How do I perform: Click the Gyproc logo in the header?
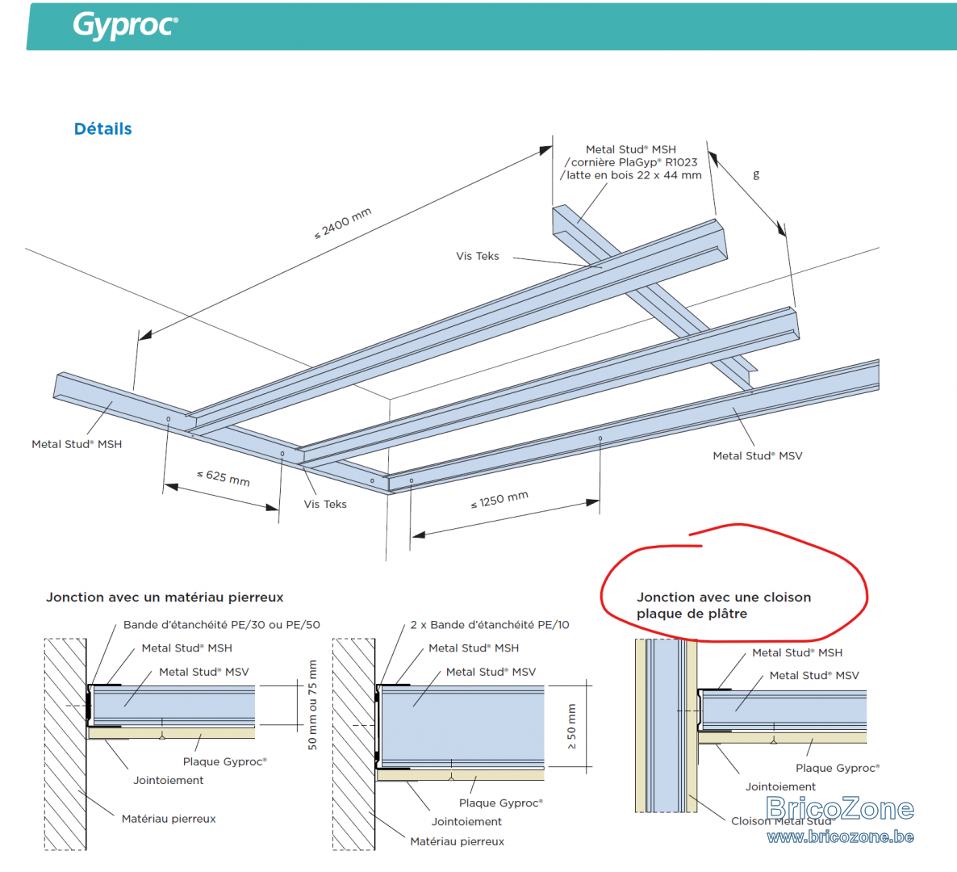[126, 26]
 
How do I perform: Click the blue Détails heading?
[102, 129]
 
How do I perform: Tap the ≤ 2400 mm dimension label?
[342, 224]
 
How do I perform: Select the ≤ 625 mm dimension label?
[224, 477]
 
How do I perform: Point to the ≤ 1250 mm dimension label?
[499, 500]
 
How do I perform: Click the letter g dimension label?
[756, 174]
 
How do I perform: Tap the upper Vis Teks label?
[477, 256]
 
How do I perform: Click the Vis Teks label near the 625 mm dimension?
[325, 504]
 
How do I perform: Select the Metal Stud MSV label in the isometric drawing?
[758, 455]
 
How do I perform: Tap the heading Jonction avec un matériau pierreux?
[165, 597]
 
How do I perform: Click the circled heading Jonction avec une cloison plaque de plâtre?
[724, 605]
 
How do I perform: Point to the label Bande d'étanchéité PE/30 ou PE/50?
[222, 625]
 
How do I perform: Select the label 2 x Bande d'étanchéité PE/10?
[490, 625]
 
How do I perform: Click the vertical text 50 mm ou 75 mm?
[312, 705]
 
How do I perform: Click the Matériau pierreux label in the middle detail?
[458, 841]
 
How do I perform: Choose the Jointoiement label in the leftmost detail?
[169, 780]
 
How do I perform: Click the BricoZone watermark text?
[840, 808]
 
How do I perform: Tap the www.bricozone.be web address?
[841, 836]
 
